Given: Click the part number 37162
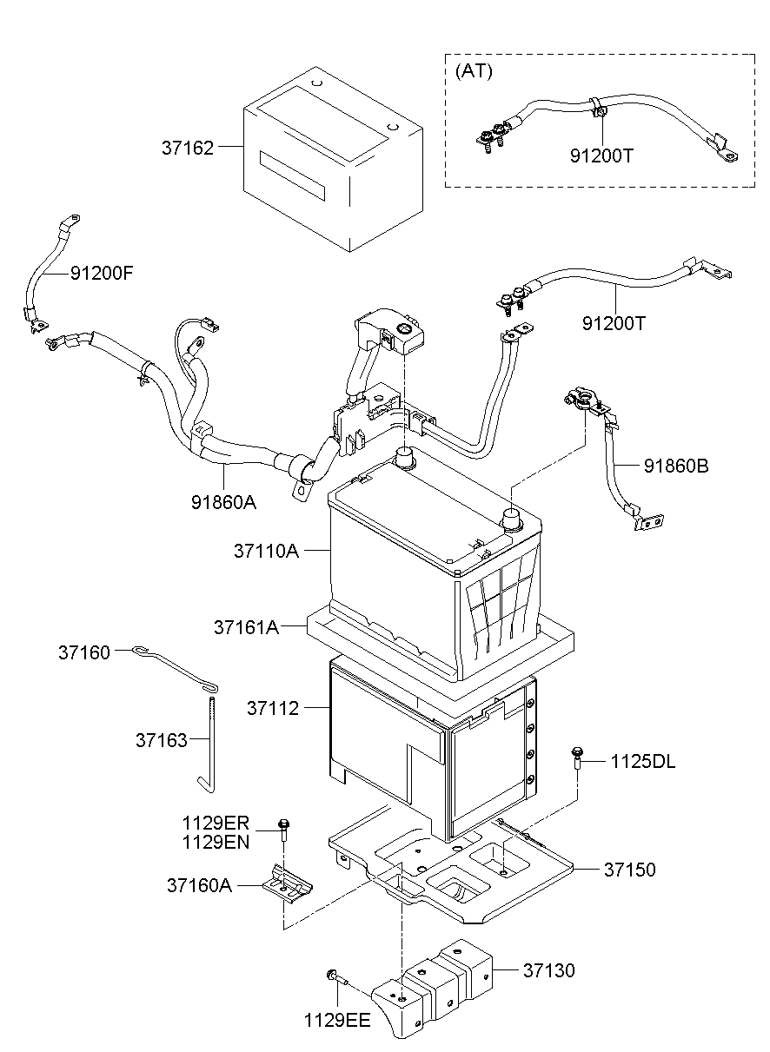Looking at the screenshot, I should click(x=187, y=148).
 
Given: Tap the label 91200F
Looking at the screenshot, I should click(x=102, y=273).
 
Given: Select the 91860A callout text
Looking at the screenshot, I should click(x=224, y=501).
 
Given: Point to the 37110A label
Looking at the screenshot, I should click(x=266, y=550).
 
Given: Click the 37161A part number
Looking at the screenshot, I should click(x=246, y=626).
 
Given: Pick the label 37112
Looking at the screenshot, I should click(x=272, y=709).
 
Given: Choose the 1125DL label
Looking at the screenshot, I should click(x=642, y=762).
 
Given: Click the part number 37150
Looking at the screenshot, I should click(x=629, y=869).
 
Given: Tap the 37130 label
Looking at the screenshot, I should click(x=548, y=970).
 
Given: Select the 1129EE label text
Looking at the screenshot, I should click(x=337, y=1020).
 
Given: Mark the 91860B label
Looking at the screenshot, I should click(x=676, y=466).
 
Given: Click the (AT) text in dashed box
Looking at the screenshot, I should click(x=474, y=71).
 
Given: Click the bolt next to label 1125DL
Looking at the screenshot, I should click(x=575, y=759).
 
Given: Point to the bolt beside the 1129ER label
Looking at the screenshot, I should click(x=283, y=830).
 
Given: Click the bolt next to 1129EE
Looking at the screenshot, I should click(x=337, y=979).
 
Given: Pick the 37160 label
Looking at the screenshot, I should click(x=84, y=652).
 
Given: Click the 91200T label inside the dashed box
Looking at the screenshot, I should click(x=601, y=156).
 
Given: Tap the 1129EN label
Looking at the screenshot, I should click(x=216, y=841).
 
